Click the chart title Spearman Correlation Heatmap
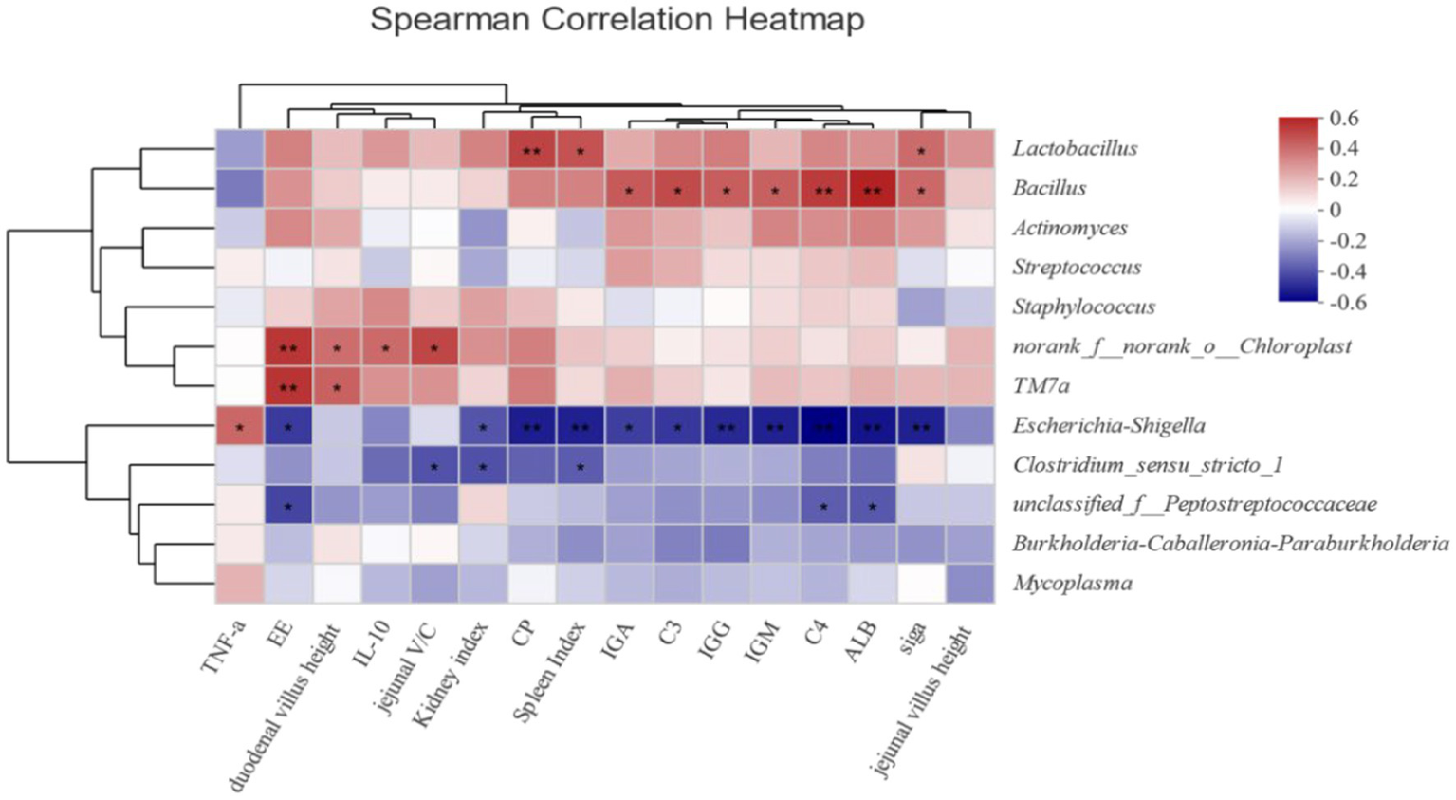click(617, 19)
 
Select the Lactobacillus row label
click(1074, 148)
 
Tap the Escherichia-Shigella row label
click(1108, 425)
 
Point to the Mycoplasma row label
click(1072, 583)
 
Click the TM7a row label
click(1041, 385)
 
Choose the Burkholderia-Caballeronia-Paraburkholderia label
click(1229, 543)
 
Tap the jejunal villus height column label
click(922, 700)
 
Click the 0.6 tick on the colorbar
click(1343, 119)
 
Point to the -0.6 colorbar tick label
click(1345, 303)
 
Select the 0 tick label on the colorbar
click(1336, 210)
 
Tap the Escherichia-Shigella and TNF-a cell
click(239, 426)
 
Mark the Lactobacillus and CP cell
click(531, 149)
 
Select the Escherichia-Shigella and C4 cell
click(823, 426)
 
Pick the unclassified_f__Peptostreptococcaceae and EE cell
click(288, 505)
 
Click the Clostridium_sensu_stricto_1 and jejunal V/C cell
click(434, 465)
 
